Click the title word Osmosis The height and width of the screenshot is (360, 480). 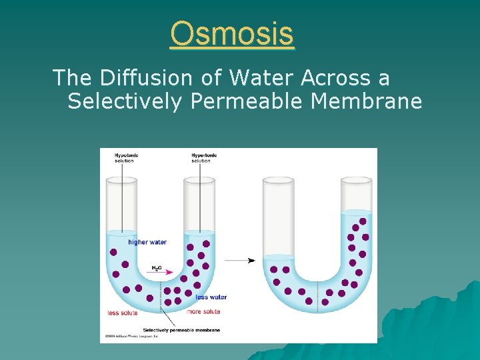pos(231,33)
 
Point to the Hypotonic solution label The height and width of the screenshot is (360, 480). pos(123,158)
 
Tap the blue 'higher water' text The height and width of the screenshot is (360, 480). pos(147,242)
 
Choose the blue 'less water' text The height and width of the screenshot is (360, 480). pos(211,297)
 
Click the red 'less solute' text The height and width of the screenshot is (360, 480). pos(123,313)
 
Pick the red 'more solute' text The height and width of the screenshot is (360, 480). pos(203,311)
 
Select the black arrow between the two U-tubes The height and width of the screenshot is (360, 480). pos(241,260)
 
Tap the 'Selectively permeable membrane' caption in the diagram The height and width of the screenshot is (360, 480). pos(188,330)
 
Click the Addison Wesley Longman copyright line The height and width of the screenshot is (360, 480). pos(131,337)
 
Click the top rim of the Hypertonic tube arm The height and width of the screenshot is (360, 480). pos(199,179)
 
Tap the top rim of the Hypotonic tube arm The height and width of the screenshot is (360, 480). pos(121,179)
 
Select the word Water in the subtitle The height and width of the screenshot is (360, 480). pos(261,78)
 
